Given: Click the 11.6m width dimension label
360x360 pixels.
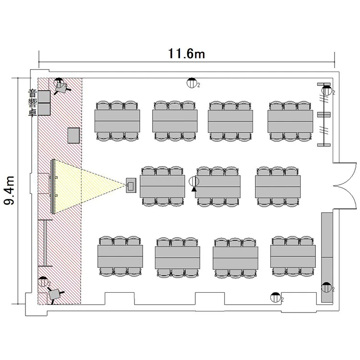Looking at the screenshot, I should point(186,53).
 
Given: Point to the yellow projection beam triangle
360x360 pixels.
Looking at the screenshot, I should point(86,185).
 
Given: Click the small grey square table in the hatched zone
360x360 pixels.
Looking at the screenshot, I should point(73,135).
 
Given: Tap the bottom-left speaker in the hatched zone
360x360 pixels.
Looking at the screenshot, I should point(55,294).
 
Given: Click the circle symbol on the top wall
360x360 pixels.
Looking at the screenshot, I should point(192,83).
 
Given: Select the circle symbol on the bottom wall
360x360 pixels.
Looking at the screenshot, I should point(275,297).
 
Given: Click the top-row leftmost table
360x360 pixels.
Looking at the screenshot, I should point(118,120).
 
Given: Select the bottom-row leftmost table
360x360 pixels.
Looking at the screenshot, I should point(120,257).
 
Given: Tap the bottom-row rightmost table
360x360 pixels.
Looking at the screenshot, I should point(293,257).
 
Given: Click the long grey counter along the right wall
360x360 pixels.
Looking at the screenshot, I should point(328,257).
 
